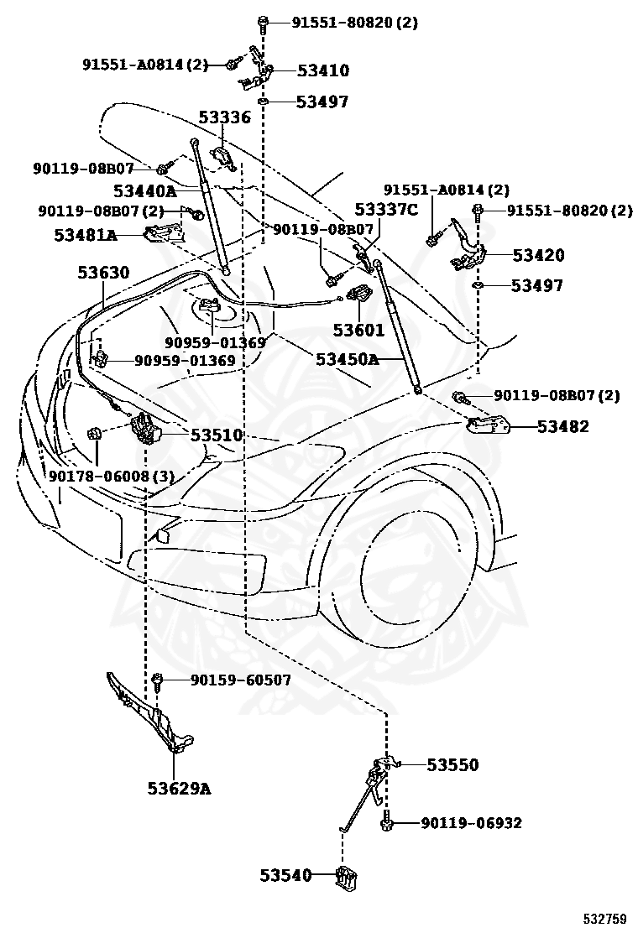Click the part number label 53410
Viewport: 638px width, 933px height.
[323, 70]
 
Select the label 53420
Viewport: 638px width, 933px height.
[539, 255]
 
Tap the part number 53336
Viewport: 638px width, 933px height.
[225, 117]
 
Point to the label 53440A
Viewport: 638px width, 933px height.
[145, 191]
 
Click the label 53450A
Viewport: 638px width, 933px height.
[347, 359]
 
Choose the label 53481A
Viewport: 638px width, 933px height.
[86, 235]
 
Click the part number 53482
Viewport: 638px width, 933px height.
[563, 426]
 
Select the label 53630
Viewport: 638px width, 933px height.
[103, 273]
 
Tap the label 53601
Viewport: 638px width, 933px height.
[359, 330]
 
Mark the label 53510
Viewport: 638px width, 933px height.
[217, 435]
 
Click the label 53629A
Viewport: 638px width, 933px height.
[179, 789]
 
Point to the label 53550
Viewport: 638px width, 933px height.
[452, 764]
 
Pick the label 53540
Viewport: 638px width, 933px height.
[285, 875]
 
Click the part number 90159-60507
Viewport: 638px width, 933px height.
[241, 680]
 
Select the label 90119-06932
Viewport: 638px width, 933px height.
[471, 823]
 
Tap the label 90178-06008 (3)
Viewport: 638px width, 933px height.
[112, 476]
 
